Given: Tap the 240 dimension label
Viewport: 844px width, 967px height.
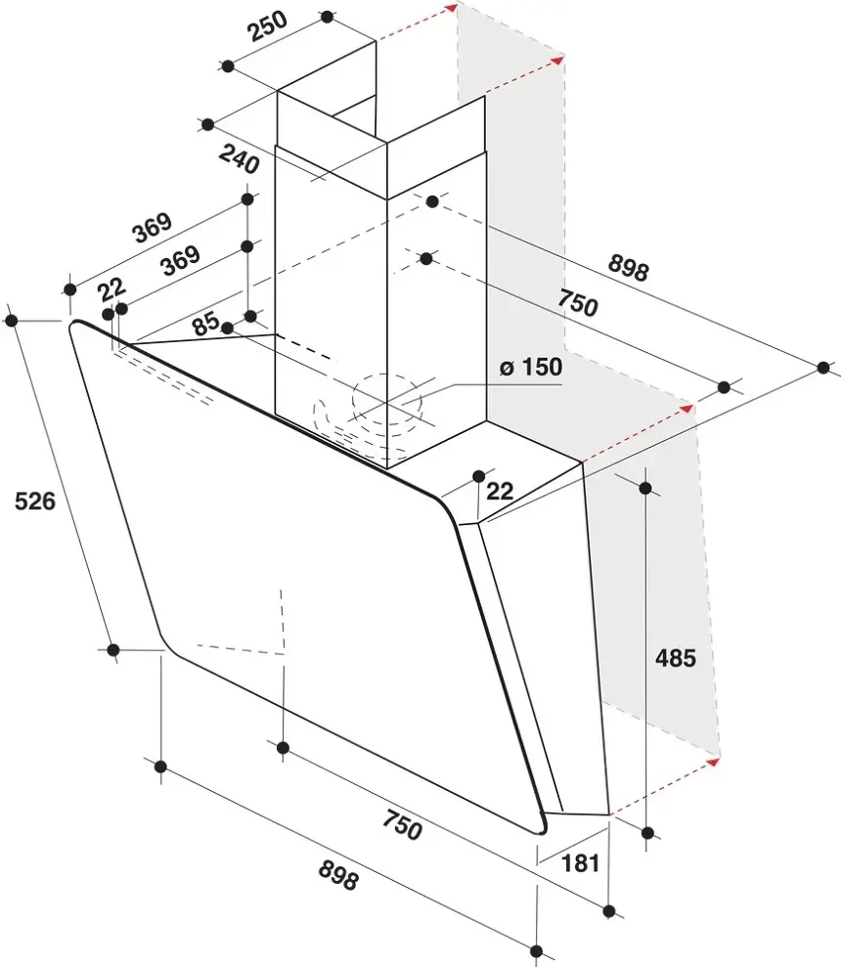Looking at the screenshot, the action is (239, 159).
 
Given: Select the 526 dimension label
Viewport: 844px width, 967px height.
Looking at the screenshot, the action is (35, 501).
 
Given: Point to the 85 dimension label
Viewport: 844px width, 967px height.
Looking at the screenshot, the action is (205, 323).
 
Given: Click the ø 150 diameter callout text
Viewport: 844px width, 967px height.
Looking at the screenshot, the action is (531, 367).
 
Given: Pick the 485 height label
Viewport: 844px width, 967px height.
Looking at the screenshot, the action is (676, 658).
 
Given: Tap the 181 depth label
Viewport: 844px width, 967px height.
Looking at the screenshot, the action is (580, 862).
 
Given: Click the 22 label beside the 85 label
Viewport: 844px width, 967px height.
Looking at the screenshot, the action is (112, 288).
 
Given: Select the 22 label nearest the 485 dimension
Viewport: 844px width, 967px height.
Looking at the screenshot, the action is (500, 491).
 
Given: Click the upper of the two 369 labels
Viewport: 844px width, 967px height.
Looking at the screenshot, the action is (152, 228).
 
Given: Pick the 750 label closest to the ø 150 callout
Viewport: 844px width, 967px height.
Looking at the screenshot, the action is (577, 303).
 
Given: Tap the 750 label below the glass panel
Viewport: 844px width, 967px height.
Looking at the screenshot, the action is (402, 825).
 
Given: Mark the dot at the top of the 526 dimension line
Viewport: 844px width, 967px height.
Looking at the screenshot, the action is (11, 320).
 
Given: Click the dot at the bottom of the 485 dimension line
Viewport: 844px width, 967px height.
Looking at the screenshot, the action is (647, 833).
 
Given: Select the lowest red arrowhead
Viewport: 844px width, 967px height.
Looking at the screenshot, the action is (713, 763).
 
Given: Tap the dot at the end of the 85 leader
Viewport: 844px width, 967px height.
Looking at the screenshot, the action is (227, 329).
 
